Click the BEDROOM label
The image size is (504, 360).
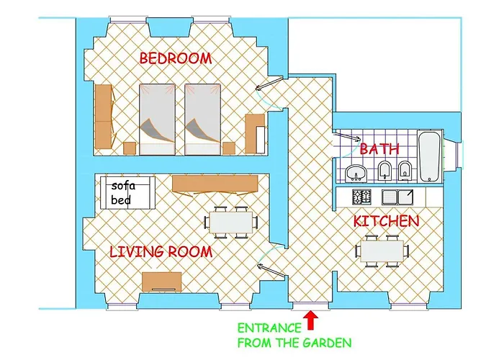tap(176, 58)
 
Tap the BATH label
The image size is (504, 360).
tap(379, 149)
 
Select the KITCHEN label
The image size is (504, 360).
tap(387, 221)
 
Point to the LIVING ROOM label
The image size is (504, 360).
tap(161, 252)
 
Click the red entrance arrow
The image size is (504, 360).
tap(310, 320)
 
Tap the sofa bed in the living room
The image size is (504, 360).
tap(127, 193)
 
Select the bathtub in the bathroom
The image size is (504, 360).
tap(431, 156)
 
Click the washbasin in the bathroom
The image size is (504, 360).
tap(356, 173)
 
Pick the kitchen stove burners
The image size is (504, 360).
tap(362, 197)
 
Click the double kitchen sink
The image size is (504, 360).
tap(397, 197)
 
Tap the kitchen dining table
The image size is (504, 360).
tap(382, 251)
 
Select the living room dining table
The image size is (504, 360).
tap(231, 222)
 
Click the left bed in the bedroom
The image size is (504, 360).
tap(157, 120)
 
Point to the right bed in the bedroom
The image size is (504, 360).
tap(203, 120)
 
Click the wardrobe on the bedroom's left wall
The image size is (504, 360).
tap(105, 117)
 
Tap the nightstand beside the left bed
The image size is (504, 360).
tap(130, 148)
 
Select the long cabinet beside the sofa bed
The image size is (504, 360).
tap(215, 184)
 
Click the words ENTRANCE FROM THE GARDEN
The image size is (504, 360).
tap(294, 336)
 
